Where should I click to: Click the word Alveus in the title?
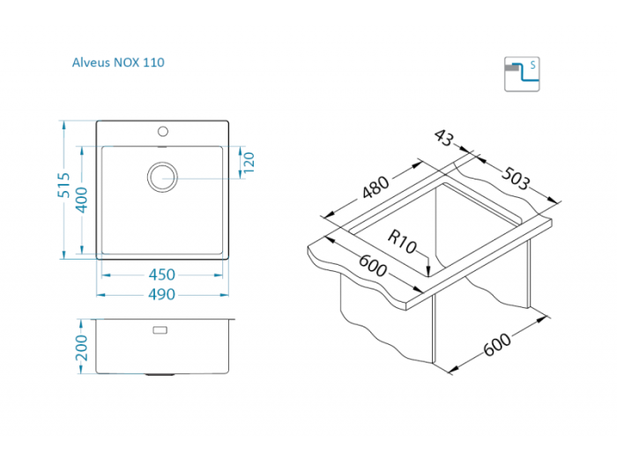point(90,62)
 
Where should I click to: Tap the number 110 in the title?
point(152,62)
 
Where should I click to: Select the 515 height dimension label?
point(63,189)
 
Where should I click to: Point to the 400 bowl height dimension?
point(81,201)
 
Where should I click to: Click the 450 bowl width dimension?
point(162,275)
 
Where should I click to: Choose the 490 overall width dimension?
point(162,294)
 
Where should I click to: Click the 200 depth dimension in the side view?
point(82,346)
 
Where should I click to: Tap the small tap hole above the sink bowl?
point(162,132)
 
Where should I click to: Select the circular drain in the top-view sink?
point(162,176)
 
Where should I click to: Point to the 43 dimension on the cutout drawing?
point(444,139)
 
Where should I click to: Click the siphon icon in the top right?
point(521,74)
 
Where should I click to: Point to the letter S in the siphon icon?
point(532,66)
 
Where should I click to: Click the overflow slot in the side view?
point(161,330)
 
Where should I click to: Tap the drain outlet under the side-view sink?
point(160,373)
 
